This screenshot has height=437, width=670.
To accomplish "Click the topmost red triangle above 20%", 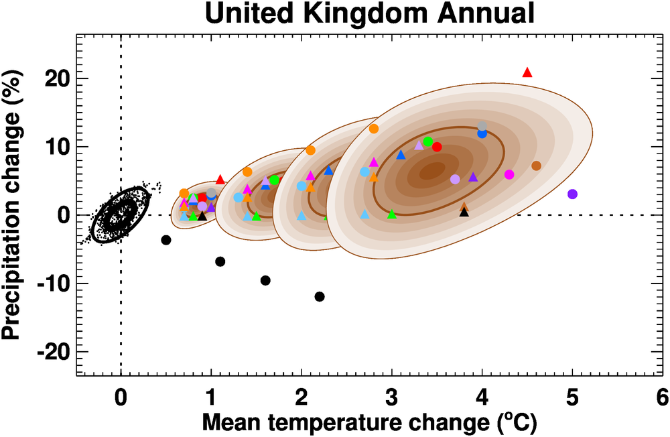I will (527, 72).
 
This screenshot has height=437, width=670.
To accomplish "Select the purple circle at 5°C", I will (572, 194).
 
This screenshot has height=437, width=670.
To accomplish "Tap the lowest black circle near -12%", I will (320, 296).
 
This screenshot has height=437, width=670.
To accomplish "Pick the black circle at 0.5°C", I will (166, 240).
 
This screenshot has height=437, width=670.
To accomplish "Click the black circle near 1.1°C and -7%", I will (220, 261).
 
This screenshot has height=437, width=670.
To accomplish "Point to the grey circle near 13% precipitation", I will (482, 126).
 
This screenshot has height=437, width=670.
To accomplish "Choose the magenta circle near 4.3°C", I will (509, 175).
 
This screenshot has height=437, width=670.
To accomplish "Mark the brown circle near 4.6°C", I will (536, 166).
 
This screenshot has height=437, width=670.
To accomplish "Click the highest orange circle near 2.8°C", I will (374, 129).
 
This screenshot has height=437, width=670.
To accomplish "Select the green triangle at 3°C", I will (392, 214).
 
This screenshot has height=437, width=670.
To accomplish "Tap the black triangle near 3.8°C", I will (464, 212).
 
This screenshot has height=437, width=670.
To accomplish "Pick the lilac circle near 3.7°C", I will (456, 179).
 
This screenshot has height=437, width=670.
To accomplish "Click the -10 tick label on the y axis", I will (54, 284).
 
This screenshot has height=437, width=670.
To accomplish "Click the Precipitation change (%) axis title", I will (13, 214).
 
